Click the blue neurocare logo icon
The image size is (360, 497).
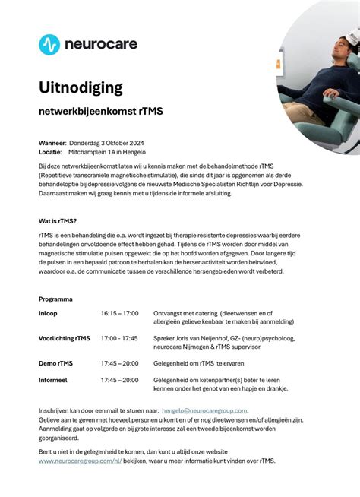49,44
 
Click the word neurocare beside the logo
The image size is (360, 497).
101,44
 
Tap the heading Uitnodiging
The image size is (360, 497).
81,87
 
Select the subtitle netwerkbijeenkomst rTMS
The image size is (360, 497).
101,112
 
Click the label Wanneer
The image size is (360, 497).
53,143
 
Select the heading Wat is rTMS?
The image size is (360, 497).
58,220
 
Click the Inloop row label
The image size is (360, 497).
48,313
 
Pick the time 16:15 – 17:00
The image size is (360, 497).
119,313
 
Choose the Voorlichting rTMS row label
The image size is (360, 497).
64,338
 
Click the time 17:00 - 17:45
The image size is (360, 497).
119,338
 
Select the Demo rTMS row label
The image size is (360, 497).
55,363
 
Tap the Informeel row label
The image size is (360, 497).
53,380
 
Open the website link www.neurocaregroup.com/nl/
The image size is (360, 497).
80,461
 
